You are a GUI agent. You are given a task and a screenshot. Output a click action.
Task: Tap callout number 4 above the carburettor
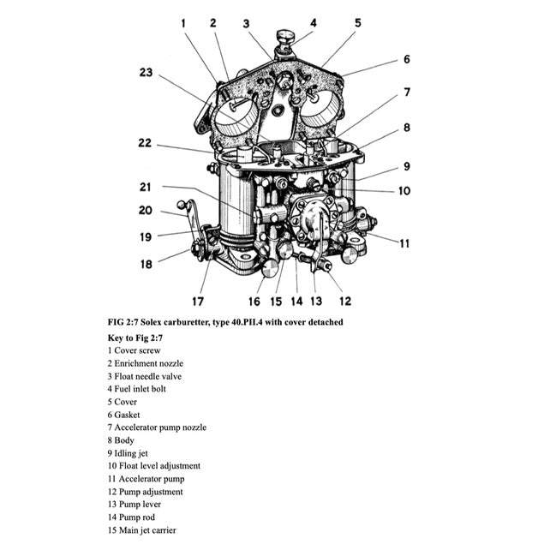pyautogui.click(x=314, y=23)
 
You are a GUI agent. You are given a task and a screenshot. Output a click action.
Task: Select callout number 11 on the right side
pyautogui.click(x=404, y=243)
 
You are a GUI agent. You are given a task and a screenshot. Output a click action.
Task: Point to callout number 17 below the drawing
pyautogui.click(x=198, y=301)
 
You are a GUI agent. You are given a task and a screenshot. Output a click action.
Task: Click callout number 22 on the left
pyautogui.click(x=145, y=143)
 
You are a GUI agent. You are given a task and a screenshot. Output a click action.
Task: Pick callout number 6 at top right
pyautogui.click(x=407, y=59)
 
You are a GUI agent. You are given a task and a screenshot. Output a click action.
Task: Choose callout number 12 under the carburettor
pyautogui.click(x=345, y=301)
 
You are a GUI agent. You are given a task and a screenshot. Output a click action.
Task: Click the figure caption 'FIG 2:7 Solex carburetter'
pyautogui.click(x=224, y=322)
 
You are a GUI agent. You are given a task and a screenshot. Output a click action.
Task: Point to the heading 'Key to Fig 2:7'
pyautogui.click(x=135, y=338)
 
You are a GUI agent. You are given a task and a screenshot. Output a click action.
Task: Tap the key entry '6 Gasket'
pyautogui.click(x=125, y=415)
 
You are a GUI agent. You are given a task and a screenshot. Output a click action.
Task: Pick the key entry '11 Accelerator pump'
pyautogui.click(x=146, y=479)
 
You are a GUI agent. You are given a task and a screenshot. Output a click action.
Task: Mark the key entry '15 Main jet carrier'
pyautogui.click(x=142, y=530)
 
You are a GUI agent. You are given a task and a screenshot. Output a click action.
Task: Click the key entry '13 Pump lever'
pyautogui.click(x=135, y=505)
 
